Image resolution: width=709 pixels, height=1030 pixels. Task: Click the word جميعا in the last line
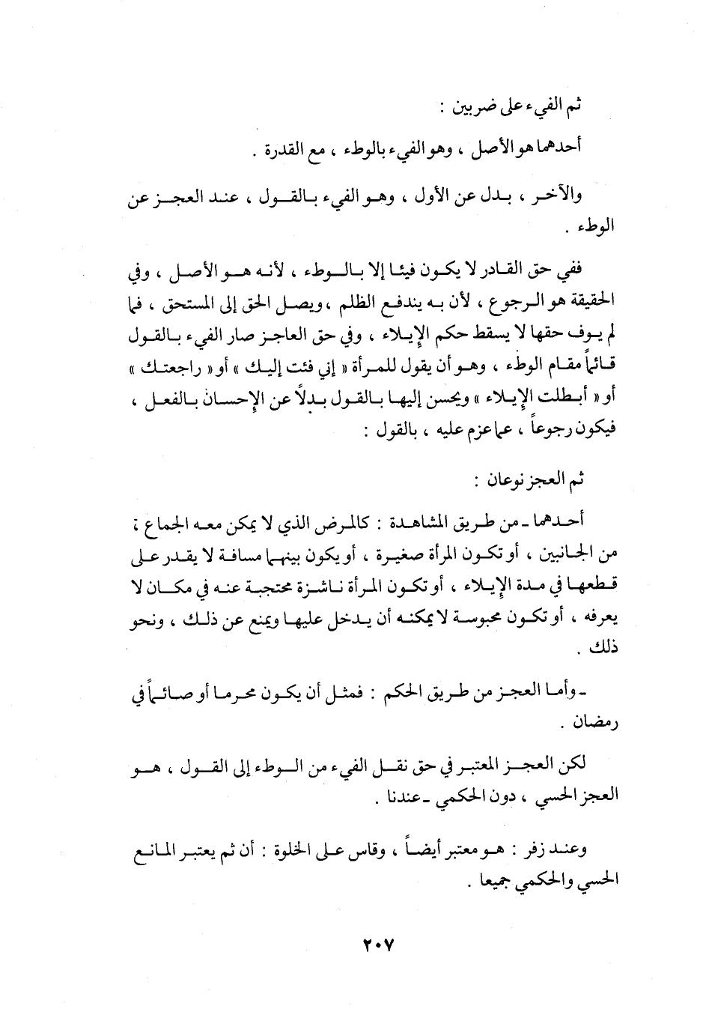pyautogui.click(x=487, y=881)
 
